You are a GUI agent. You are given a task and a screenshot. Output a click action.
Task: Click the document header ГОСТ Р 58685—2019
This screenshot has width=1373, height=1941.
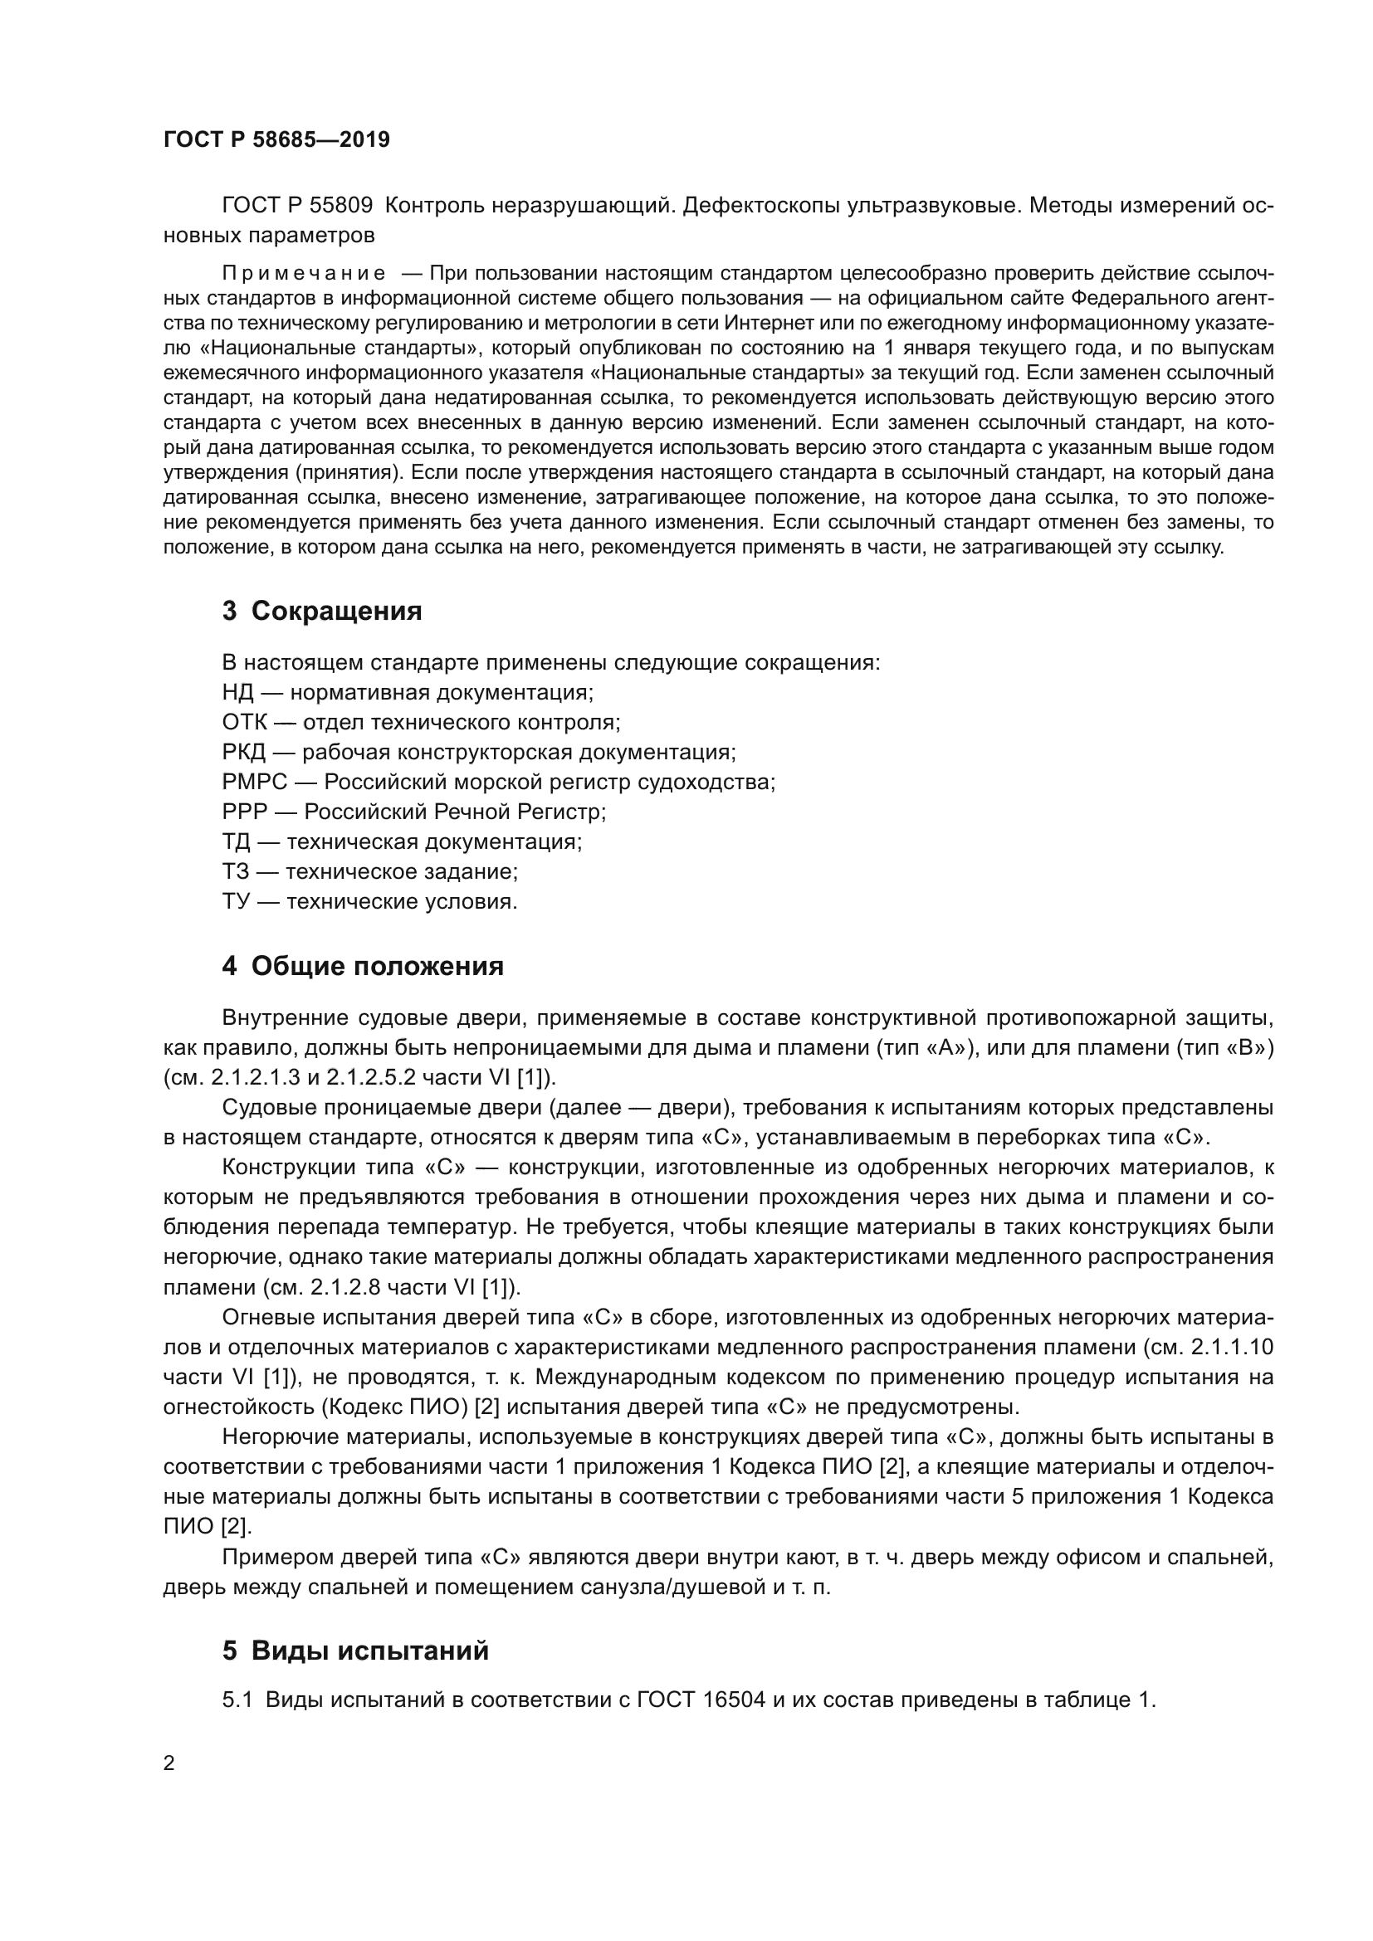(276, 139)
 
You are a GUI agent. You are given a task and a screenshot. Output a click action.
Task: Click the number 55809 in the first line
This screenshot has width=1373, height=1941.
(341, 206)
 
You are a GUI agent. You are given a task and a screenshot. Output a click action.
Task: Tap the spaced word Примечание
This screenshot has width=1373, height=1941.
(304, 273)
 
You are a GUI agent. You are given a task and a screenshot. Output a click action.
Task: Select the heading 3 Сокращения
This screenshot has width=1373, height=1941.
(322, 611)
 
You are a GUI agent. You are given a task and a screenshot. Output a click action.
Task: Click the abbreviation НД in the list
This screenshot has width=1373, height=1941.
(237, 692)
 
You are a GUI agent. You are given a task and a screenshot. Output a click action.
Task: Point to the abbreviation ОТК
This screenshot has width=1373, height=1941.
(244, 722)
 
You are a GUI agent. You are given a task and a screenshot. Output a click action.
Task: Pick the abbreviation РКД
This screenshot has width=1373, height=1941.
(243, 752)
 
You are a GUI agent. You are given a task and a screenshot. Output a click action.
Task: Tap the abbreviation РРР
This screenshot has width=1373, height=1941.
(245, 812)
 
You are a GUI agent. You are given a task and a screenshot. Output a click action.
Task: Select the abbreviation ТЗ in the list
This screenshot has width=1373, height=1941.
(236, 871)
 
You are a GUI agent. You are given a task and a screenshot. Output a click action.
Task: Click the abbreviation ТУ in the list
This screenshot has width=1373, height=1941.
(236, 901)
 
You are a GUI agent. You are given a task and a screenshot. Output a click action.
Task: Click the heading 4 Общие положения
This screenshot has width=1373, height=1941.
(363, 966)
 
